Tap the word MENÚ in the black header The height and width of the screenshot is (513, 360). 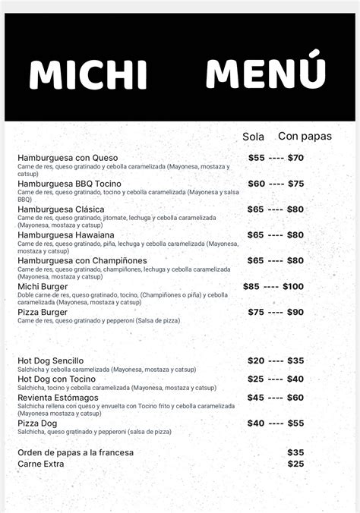pos(266,73)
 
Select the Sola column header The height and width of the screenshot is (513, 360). pos(253,137)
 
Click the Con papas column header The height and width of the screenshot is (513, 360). pos(305,137)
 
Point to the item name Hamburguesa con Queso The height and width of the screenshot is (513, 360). pos(68,158)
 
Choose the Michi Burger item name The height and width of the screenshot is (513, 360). pos(43,287)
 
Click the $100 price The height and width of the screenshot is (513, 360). pos(293,287)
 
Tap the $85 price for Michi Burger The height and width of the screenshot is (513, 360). pos(251,287)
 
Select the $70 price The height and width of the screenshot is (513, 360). pos(295,158)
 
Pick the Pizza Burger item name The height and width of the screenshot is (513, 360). pos(43,312)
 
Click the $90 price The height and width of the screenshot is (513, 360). pos(295,312)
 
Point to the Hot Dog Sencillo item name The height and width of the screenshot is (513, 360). pos(51,360)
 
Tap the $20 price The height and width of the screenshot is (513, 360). pos(256,360)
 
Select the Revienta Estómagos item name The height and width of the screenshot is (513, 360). pos(58,397)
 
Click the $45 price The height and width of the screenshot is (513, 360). pos(256,397)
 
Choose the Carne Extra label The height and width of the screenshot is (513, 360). pos(41,464)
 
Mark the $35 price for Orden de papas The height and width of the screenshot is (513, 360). pos(295,452)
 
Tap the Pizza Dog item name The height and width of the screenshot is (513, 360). pos(37,423)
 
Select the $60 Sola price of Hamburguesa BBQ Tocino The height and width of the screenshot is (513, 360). pos(257,184)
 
